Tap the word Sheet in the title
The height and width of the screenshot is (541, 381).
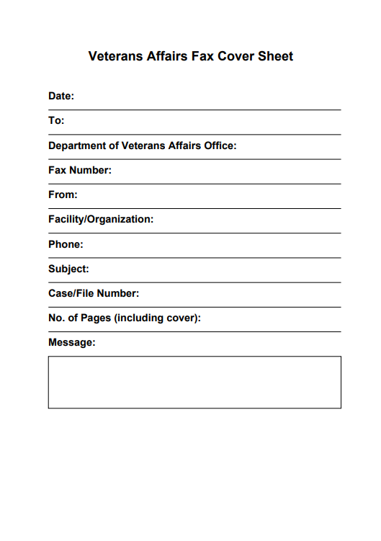click(x=276, y=56)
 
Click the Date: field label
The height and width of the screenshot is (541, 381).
click(x=61, y=96)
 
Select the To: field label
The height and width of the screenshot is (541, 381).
click(x=56, y=120)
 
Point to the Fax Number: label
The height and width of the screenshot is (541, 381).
click(x=80, y=171)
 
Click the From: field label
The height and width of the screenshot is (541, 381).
click(x=63, y=195)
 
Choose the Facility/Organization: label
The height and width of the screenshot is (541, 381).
click(x=101, y=219)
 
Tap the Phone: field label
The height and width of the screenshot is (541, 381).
click(x=66, y=244)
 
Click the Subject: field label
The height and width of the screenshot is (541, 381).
click(x=68, y=269)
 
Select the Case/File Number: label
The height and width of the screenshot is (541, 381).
click(x=94, y=293)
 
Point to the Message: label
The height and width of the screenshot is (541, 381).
click(x=71, y=342)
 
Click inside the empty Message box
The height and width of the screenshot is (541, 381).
click(x=194, y=382)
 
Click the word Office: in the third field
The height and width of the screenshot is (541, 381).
click(x=218, y=146)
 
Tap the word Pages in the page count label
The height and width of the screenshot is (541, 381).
click(x=96, y=318)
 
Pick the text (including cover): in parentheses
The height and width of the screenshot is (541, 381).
click(x=158, y=318)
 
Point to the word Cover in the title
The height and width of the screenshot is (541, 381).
click(x=235, y=56)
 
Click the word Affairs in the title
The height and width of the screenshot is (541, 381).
click(x=166, y=56)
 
